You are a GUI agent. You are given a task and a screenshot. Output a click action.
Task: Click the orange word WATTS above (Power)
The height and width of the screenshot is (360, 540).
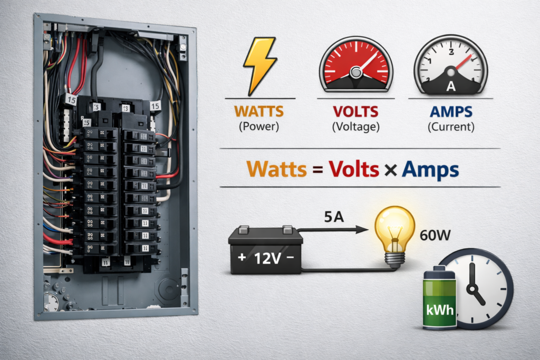click(x=259, y=112)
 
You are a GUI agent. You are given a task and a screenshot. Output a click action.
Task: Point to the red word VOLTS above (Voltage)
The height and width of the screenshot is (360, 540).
click(x=356, y=112)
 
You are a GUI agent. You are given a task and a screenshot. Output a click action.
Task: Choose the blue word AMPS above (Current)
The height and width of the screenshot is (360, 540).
click(x=451, y=112)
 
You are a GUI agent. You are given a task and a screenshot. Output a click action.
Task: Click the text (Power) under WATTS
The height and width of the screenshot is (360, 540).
click(x=259, y=127)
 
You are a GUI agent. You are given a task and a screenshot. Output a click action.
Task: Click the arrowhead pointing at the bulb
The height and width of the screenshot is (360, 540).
click(x=361, y=230)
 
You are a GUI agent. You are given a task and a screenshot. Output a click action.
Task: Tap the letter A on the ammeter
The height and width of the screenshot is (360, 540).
click(x=451, y=86)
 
